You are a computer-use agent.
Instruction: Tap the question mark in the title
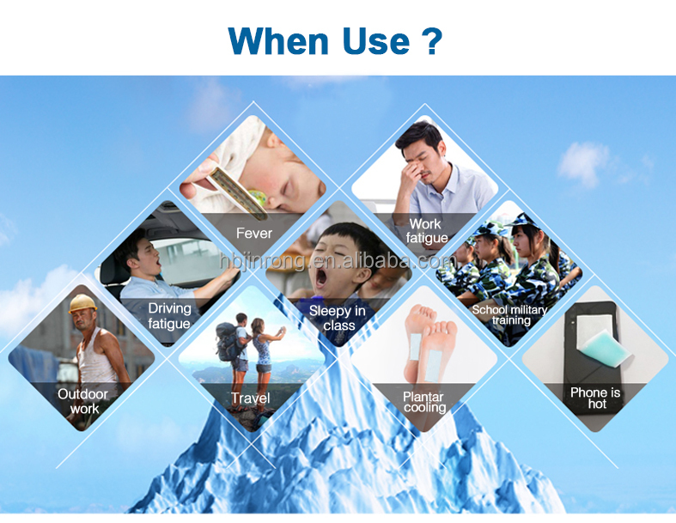tap(431, 40)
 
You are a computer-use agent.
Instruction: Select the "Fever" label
tap(253, 233)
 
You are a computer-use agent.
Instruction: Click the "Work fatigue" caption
tap(425, 231)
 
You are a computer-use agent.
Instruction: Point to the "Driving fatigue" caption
tap(169, 315)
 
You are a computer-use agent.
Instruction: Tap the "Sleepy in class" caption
tap(338, 318)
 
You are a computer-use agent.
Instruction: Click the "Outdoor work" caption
tap(83, 401)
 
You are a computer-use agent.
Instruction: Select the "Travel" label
tap(250, 398)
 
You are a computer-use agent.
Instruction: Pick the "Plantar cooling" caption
tap(423, 401)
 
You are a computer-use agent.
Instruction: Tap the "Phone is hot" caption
tap(595, 398)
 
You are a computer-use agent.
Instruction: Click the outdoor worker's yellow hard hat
tap(82, 303)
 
